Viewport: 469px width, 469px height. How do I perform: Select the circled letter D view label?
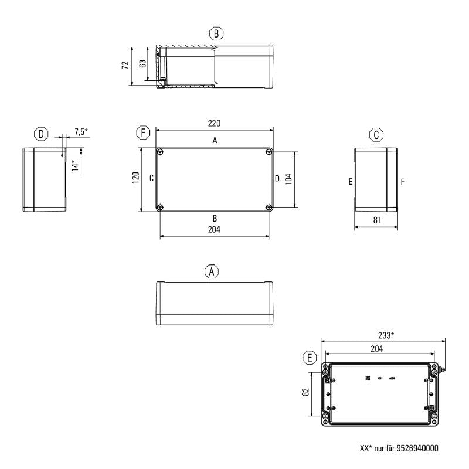pyautogui.click(x=40, y=134)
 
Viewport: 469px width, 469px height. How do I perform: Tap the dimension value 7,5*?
pyautogui.click(x=81, y=132)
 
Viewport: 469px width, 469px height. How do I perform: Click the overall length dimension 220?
pyautogui.click(x=215, y=123)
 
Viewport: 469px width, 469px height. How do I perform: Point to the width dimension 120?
pyautogui.click(x=135, y=179)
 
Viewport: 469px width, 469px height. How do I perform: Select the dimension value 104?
pyautogui.click(x=288, y=179)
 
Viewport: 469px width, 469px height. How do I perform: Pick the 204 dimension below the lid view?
pyautogui.click(x=214, y=230)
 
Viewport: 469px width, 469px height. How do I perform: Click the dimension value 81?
pyautogui.click(x=377, y=221)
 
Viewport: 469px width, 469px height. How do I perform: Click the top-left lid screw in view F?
pyautogui.click(x=160, y=152)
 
